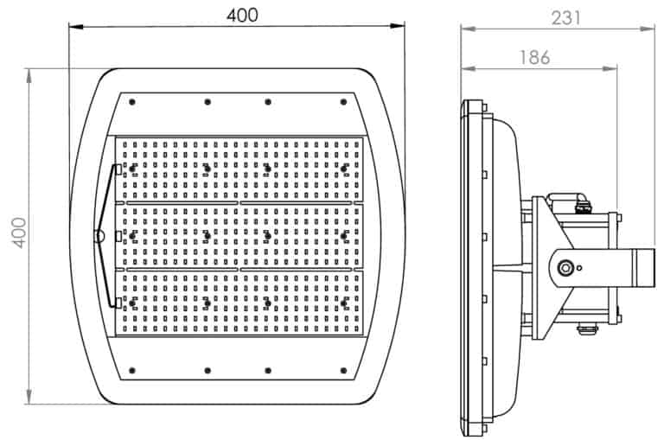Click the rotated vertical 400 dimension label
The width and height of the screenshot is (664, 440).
coord(20,233)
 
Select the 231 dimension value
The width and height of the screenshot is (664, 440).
coord(565,18)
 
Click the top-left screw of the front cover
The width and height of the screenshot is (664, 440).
coord(131,102)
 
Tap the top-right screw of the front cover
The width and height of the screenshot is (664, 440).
coord(343,102)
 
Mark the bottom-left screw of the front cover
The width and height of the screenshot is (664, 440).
coord(131,371)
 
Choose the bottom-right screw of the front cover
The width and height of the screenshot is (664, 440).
coord(343,371)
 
